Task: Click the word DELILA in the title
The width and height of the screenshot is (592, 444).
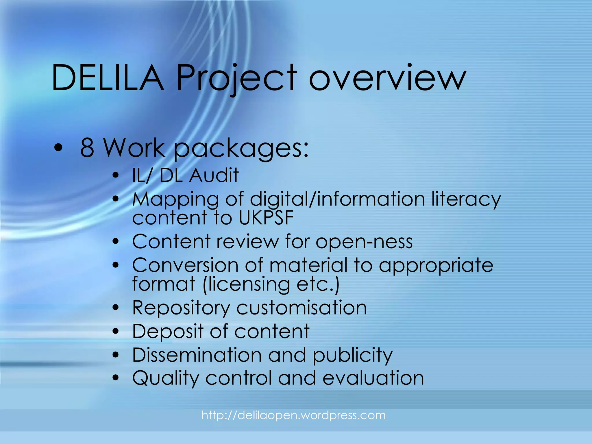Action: click(108, 77)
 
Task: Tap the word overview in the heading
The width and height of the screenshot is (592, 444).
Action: click(387, 77)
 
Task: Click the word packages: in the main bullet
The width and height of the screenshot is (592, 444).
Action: click(241, 149)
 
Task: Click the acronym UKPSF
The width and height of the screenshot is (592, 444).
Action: click(266, 217)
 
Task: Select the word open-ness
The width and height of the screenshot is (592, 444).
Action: click(364, 242)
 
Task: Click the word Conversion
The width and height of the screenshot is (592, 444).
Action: click(185, 265)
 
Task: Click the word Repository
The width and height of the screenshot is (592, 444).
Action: click(181, 308)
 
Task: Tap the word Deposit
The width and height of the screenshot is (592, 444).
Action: click(168, 331)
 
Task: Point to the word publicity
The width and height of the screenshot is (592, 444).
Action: click(352, 355)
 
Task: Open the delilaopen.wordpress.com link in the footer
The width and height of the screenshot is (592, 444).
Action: click(293, 415)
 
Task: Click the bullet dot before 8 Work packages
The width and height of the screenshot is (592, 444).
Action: click(58, 148)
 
